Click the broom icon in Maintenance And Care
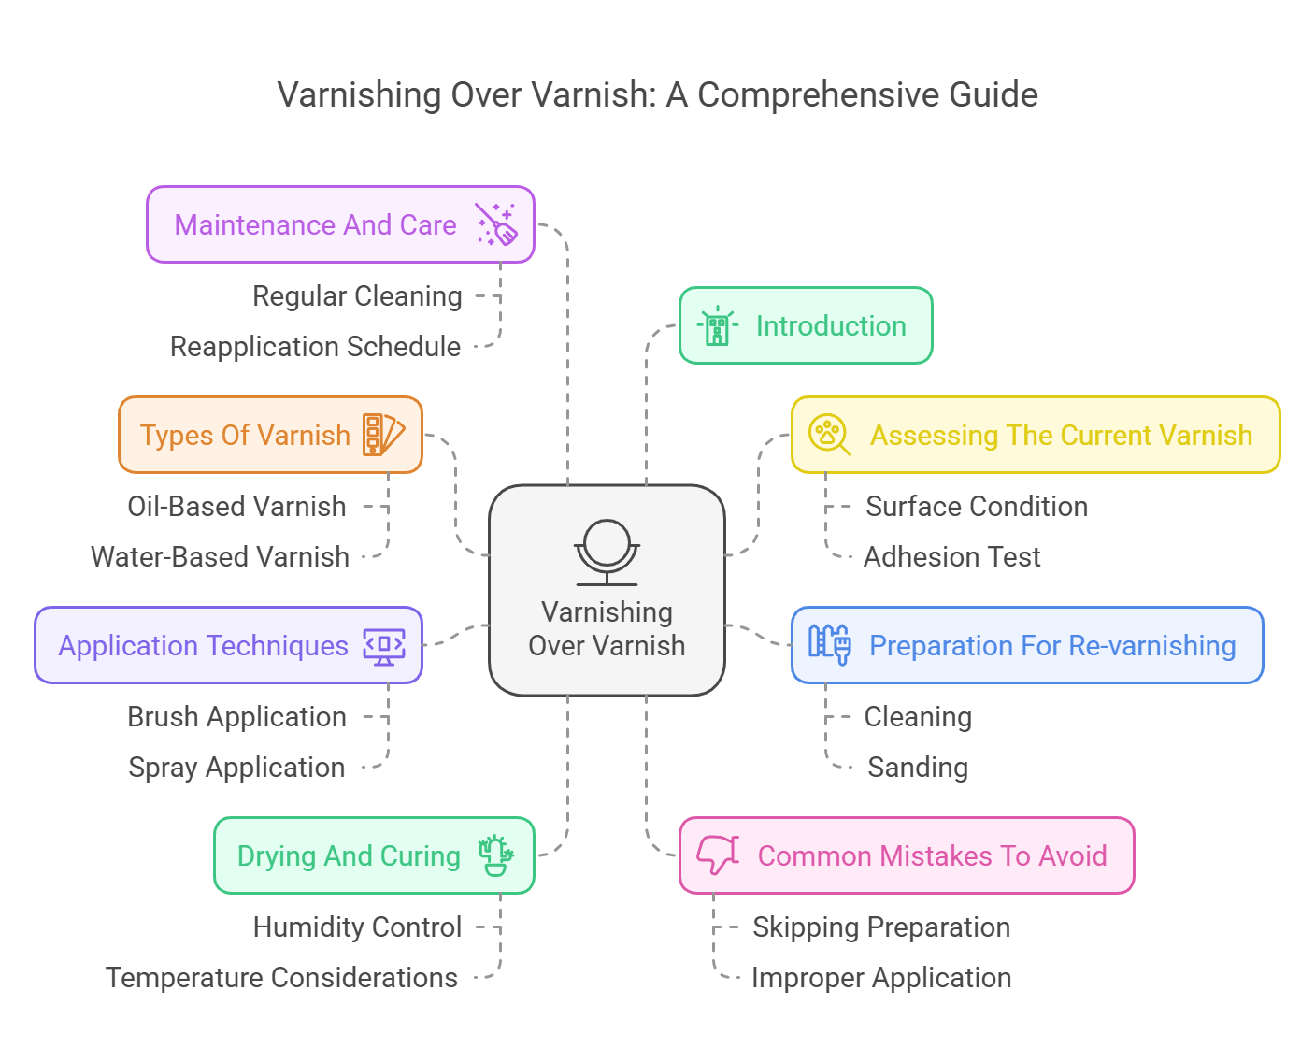coord(496,225)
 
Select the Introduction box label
coord(831,326)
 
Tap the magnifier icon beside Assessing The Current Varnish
coord(829,435)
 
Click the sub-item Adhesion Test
coord(951,557)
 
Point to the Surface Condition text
coord(977,507)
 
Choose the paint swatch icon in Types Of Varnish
coord(383,435)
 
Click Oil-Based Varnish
coord(236,507)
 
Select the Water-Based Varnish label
coord(220,557)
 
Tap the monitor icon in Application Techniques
coord(384,646)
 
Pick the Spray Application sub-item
coord(236,768)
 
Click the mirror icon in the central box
coord(607,553)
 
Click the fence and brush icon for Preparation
coord(829,644)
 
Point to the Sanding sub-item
coord(918,768)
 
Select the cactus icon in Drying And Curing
coord(495,855)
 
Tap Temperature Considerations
coord(281,978)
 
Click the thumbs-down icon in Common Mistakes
coord(718,855)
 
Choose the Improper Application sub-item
coord(881,978)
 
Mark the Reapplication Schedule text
coord(315,347)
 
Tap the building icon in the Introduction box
coord(717,326)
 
